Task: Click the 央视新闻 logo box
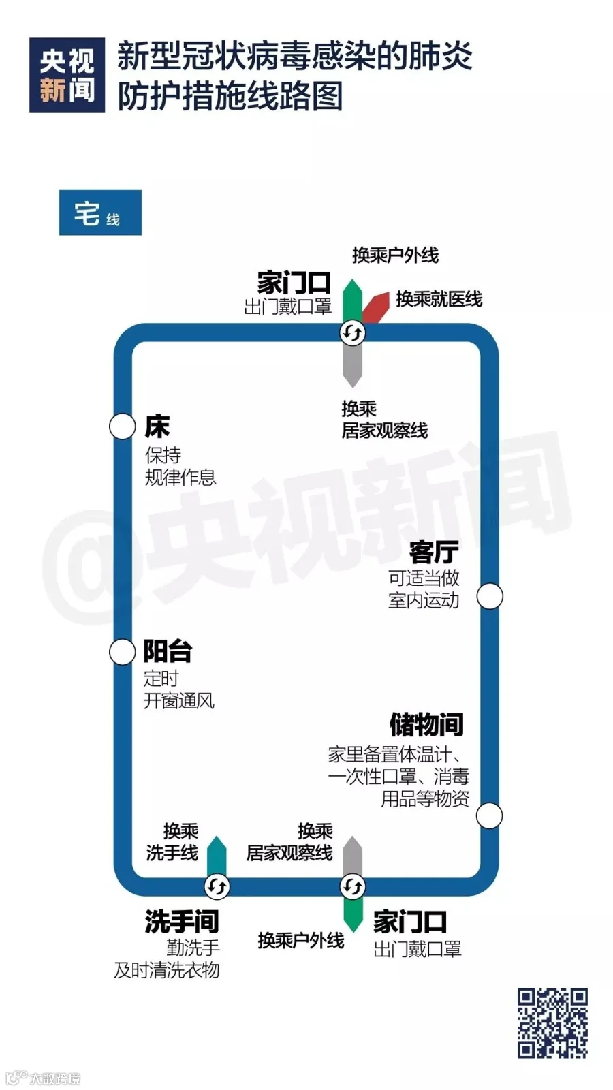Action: point(67,75)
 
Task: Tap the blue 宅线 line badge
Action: point(100,213)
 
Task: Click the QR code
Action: point(552,1023)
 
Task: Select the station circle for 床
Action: point(123,426)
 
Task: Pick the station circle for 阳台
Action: point(123,651)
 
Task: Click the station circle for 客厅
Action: point(489,596)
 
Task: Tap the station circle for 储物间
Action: point(489,815)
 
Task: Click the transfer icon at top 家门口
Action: point(352,333)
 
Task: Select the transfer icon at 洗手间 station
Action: point(217,886)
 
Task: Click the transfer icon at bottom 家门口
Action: point(352,886)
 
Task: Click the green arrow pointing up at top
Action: point(351,298)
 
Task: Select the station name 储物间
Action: point(426,725)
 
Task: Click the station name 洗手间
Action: point(181,922)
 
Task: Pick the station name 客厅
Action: point(434,552)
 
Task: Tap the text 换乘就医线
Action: point(439,299)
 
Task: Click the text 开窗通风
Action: point(178,701)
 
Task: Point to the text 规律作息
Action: point(180,477)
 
